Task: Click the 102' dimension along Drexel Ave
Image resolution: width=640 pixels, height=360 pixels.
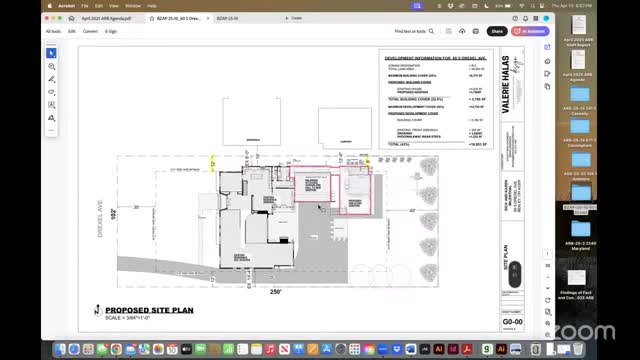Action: click(113, 213)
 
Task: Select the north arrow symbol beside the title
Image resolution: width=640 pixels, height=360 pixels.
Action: click(97, 312)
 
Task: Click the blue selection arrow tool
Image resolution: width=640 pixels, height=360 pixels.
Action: click(52, 53)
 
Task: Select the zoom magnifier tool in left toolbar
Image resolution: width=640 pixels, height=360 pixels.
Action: click(52, 66)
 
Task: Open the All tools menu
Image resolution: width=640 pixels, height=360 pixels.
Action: click(52, 31)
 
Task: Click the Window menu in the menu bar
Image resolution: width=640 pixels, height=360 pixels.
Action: click(132, 5)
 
